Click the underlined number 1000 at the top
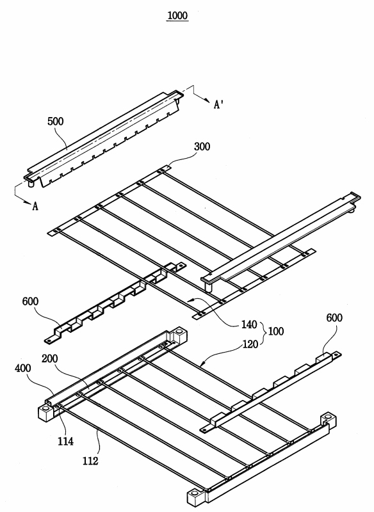(177, 15)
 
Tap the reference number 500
(56, 122)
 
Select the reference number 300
(202, 147)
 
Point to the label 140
(249, 324)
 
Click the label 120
(250, 344)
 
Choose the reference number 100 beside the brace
(276, 332)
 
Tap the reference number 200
(50, 358)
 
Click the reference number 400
(23, 369)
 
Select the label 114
(66, 442)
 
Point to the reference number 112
(90, 461)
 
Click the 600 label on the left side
(30, 301)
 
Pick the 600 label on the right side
(334, 317)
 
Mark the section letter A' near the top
(218, 104)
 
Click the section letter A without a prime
(35, 206)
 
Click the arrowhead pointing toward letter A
(27, 202)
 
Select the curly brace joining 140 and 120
(264, 334)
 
